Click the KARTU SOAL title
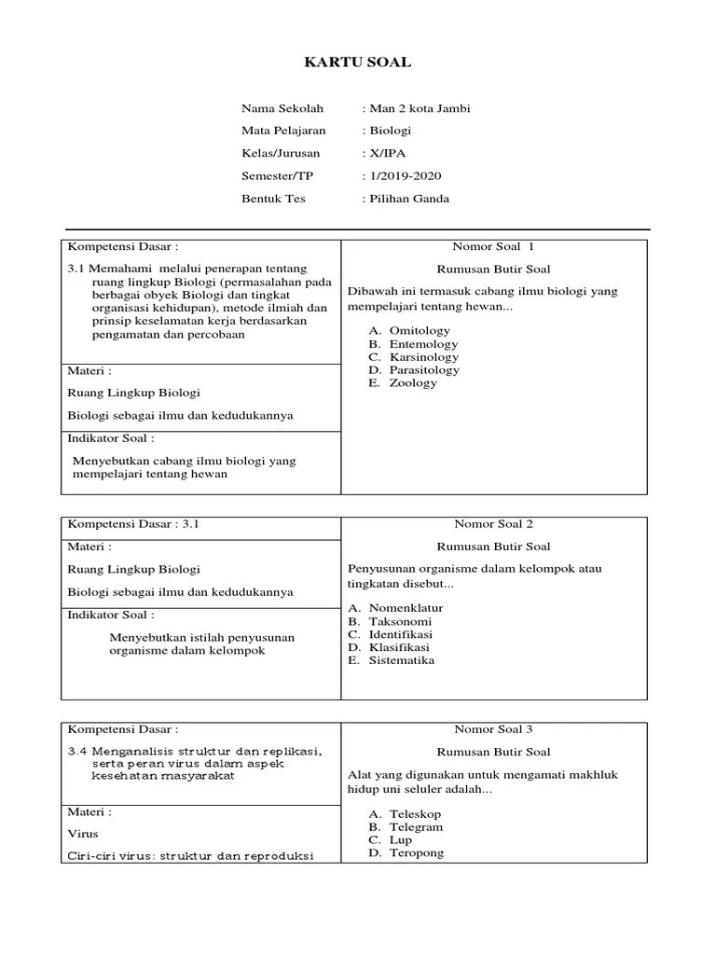[x=358, y=62]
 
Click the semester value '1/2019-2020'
[x=404, y=175]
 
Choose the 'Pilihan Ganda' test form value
[x=407, y=199]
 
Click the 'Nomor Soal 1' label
[x=493, y=247]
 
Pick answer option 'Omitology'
[x=420, y=331]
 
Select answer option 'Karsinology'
[x=424, y=357]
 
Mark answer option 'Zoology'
[x=413, y=383]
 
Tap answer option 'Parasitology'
[x=424, y=370]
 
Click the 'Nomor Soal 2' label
[x=493, y=524]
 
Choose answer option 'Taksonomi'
[x=400, y=621]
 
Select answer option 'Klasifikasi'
[x=400, y=647]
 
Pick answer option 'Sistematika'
[x=402, y=660]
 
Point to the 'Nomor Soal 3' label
[x=493, y=729]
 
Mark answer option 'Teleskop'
[x=415, y=814]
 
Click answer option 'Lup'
[x=401, y=840]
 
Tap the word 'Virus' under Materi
[x=83, y=834]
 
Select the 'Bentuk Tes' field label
[x=273, y=199]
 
